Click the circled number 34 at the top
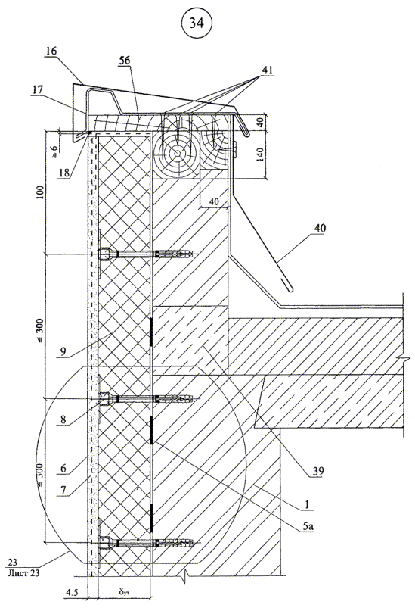click(x=196, y=23)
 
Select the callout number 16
click(x=51, y=51)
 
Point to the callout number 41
click(x=267, y=71)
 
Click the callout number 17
click(x=38, y=89)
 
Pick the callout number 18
click(x=64, y=173)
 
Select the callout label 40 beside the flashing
click(x=320, y=228)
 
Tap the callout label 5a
click(x=308, y=525)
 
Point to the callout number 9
click(x=62, y=351)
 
